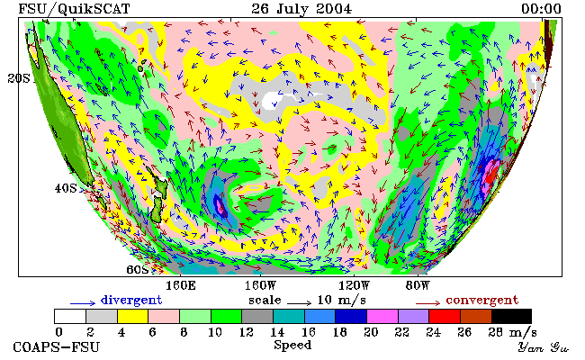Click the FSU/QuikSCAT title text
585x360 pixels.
pos(74,9)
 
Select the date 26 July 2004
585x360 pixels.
pos(301,9)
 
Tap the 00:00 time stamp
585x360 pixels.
pos(541,9)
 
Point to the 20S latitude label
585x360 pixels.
pos(19,78)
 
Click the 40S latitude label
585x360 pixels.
pos(66,188)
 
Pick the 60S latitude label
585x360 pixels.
pos(138,269)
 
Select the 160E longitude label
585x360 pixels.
pos(181,286)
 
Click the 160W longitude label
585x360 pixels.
pos(260,286)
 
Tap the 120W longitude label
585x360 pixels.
pos(354,286)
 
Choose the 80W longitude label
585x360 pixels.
pos(418,286)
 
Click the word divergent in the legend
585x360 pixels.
pos(131,301)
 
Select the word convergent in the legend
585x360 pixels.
pos(482,301)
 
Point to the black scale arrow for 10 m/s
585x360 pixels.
pos(299,303)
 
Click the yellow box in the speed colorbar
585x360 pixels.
pos(133,317)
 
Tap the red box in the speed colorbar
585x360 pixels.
pos(445,317)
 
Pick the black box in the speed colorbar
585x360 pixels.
pos(511,317)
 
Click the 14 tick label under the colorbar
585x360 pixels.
pos(277,332)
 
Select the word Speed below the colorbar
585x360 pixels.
pos(292,345)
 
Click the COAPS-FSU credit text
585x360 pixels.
pos(57,347)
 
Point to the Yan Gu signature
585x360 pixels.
pos(544,348)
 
